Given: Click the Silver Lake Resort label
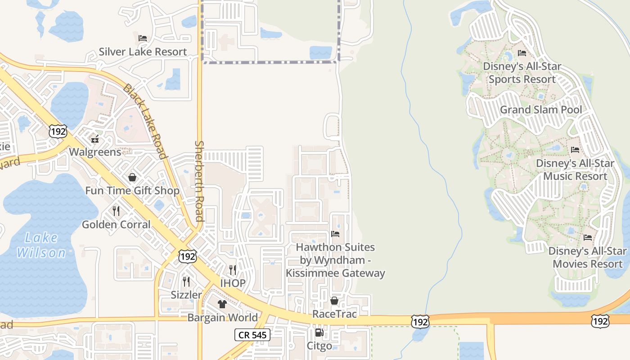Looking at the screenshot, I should click(143, 52).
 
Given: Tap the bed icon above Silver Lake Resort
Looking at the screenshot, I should click(143, 38).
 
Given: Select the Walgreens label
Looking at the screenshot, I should click(95, 152).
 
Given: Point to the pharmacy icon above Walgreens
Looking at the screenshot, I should click(95, 139).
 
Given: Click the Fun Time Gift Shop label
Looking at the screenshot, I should click(132, 191).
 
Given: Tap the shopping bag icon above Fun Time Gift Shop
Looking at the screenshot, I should click(132, 177).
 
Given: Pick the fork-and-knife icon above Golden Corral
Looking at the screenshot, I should click(116, 211).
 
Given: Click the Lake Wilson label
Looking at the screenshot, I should click(41, 245).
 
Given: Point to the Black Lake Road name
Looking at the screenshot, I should click(145, 121).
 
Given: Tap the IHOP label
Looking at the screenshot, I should click(233, 283).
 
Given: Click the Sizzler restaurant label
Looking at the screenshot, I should click(186, 295).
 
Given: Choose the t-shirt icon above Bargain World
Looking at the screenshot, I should click(222, 304).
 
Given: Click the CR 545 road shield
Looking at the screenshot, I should click(252, 335).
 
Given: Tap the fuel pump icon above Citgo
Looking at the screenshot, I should click(319, 333).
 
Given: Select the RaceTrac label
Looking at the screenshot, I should click(334, 314).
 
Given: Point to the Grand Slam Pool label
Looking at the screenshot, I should click(541, 110).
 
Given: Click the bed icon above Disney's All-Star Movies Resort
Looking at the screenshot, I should click(588, 237).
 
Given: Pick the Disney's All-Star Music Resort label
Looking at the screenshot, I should click(575, 170).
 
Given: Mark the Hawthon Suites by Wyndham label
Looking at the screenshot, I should click(335, 260).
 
